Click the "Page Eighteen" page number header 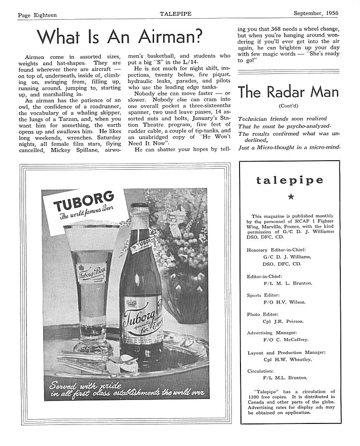37,15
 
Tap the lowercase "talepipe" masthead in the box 289,180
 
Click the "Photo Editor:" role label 264,315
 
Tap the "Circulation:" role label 261,371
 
